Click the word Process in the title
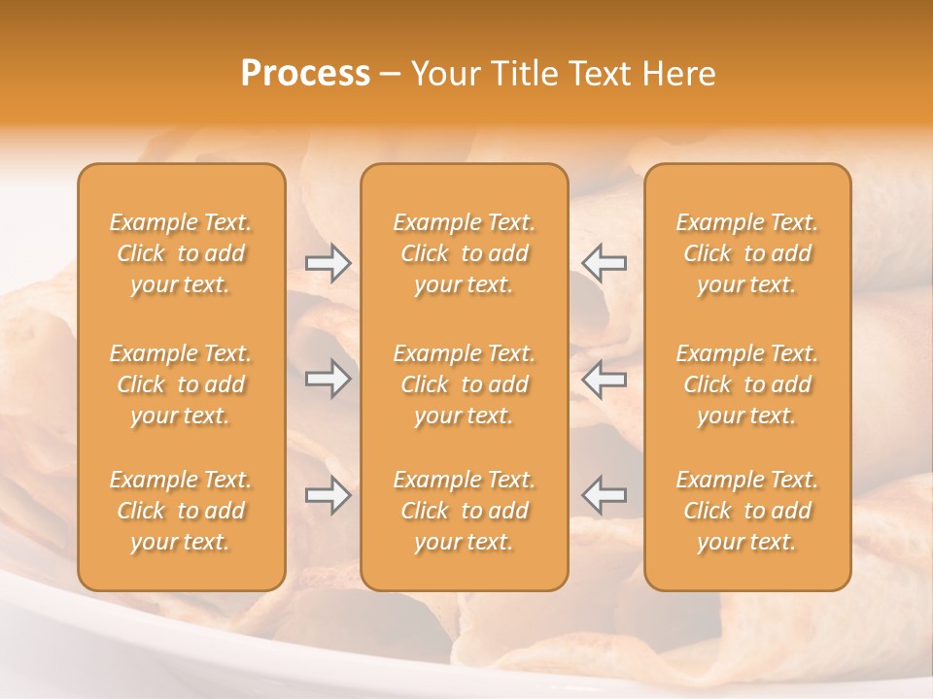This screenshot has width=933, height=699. (x=305, y=74)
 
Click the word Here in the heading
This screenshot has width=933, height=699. (x=678, y=74)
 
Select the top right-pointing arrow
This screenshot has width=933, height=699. (x=328, y=263)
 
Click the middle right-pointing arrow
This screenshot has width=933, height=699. (x=328, y=379)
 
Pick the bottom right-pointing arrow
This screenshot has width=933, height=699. (x=328, y=495)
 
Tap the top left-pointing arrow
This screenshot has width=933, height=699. (x=604, y=263)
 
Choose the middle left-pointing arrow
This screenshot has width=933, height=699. (x=604, y=379)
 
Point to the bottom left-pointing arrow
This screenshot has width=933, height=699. (x=604, y=495)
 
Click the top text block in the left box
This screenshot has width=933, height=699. (x=181, y=253)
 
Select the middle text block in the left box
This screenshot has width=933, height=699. (x=181, y=384)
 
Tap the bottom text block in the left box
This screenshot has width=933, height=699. (x=181, y=511)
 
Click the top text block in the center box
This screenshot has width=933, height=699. (x=464, y=253)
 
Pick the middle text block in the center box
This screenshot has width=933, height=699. (x=464, y=384)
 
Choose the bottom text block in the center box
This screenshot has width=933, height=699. (x=464, y=511)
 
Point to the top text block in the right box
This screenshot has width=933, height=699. (x=746, y=253)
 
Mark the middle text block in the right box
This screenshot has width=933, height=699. (x=746, y=384)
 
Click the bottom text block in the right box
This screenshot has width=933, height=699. (x=746, y=511)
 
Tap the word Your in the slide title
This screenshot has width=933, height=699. (x=446, y=74)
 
